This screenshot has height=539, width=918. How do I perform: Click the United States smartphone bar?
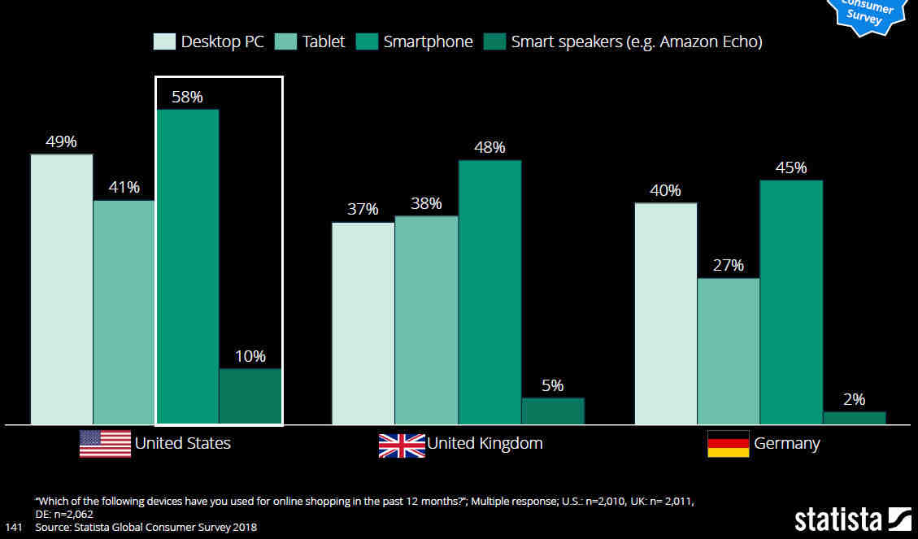[x=187, y=267]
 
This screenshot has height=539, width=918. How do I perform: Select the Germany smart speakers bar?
[x=854, y=418]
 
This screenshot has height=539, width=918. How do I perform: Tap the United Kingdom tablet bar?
[x=426, y=320]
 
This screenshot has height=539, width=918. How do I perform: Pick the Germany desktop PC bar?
[x=665, y=314]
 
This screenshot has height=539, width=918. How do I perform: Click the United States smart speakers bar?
[x=250, y=397]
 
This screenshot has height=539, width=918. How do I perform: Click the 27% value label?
[x=728, y=266]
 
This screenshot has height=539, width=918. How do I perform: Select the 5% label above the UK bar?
[x=552, y=385]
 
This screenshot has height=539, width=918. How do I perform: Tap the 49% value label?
[x=61, y=141]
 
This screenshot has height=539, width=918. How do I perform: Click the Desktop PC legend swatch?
[x=164, y=41]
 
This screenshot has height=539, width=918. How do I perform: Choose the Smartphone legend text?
[x=428, y=41]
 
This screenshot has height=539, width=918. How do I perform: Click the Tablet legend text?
[x=324, y=41]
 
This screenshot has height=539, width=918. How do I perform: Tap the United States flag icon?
[x=105, y=444]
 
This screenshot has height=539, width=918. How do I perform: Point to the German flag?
[x=728, y=444]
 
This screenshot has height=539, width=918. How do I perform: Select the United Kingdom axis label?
[x=485, y=444]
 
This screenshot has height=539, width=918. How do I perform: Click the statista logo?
[x=852, y=519]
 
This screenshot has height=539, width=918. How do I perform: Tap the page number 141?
[x=14, y=527]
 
